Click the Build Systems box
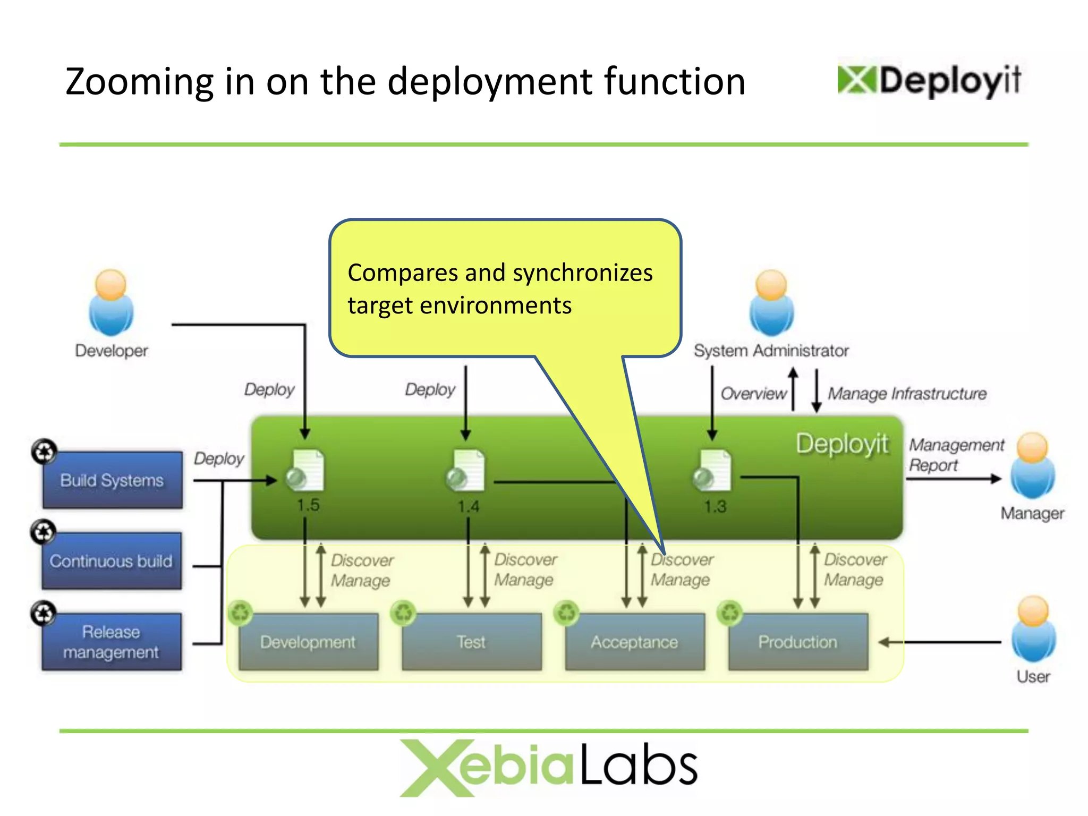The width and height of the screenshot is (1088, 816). (x=112, y=480)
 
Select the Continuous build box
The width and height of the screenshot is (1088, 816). (x=112, y=561)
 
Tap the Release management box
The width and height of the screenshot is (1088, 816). (x=112, y=642)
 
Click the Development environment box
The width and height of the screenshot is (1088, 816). (x=308, y=642)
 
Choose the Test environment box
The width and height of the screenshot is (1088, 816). (x=471, y=642)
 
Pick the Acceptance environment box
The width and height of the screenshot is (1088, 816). (x=635, y=642)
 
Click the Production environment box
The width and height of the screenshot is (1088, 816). (x=798, y=642)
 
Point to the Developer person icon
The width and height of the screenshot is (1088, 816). (x=111, y=303)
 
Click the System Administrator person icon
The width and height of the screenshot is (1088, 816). (x=771, y=303)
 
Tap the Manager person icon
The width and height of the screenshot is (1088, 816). (x=1032, y=466)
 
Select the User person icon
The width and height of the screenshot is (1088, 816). (x=1033, y=629)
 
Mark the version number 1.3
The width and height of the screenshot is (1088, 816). (x=715, y=506)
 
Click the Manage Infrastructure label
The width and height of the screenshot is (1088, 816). (x=907, y=394)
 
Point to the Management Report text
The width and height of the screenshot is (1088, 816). (x=956, y=455)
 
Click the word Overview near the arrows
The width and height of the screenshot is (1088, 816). (x=753, y=394)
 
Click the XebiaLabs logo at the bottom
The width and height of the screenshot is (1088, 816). (x=548, y=767)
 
